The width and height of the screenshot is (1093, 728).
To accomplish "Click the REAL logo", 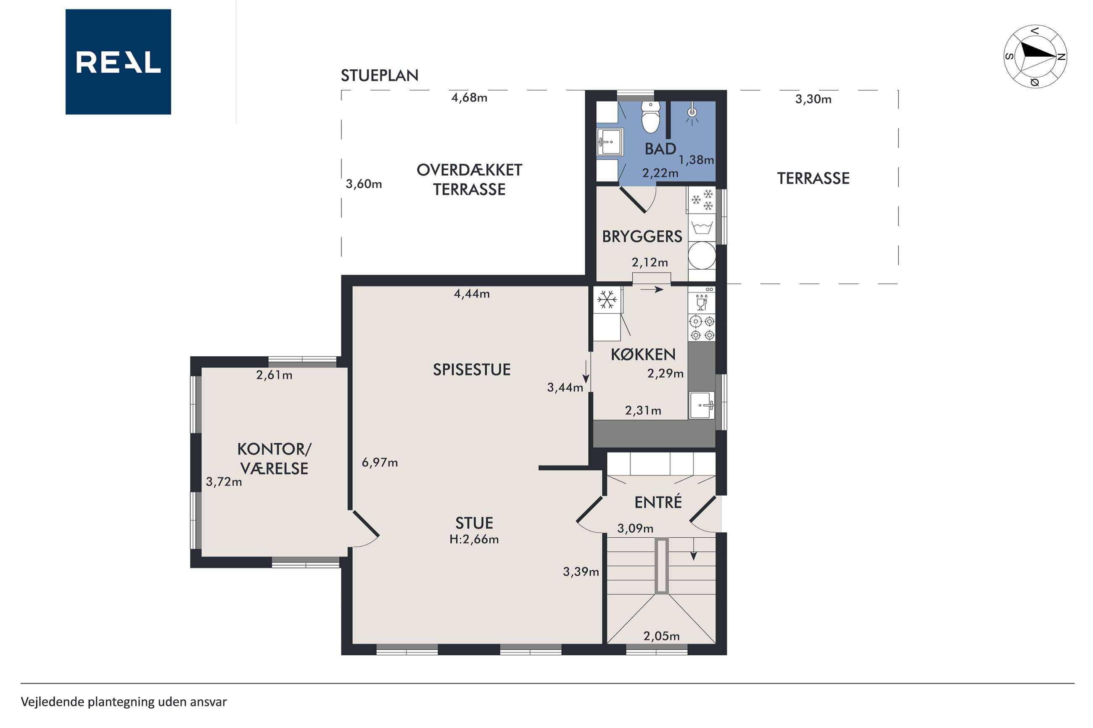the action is pos(118,62).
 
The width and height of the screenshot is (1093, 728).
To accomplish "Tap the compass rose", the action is pos(1035,56).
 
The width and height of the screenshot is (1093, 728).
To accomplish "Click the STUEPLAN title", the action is pos(380,75).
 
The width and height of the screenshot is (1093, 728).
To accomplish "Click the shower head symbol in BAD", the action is pos(692,114).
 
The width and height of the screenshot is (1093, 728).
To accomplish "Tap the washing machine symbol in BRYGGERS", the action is pos(702,228).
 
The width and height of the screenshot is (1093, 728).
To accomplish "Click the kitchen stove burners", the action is pos(702,328).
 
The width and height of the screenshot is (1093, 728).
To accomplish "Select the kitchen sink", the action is pos(702,405).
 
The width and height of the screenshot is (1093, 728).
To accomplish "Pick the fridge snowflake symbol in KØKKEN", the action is pos(607,300).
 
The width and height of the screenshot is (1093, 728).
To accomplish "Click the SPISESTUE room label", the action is pos(472,370).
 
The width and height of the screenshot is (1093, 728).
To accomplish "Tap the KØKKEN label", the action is pos(643,355).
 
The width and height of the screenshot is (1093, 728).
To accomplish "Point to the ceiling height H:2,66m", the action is pos(474,539).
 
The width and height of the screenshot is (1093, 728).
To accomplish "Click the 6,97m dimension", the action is pos(380,463).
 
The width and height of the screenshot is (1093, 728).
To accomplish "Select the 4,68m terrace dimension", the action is pos(469,97).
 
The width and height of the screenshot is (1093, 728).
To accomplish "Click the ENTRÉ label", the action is pos(658,502).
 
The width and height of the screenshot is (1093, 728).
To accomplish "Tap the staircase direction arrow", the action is pos(694,549).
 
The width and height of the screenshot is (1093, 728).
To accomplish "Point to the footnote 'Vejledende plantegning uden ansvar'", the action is pos(124,702).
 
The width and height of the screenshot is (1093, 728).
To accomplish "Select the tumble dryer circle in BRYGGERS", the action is pos(702,255).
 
